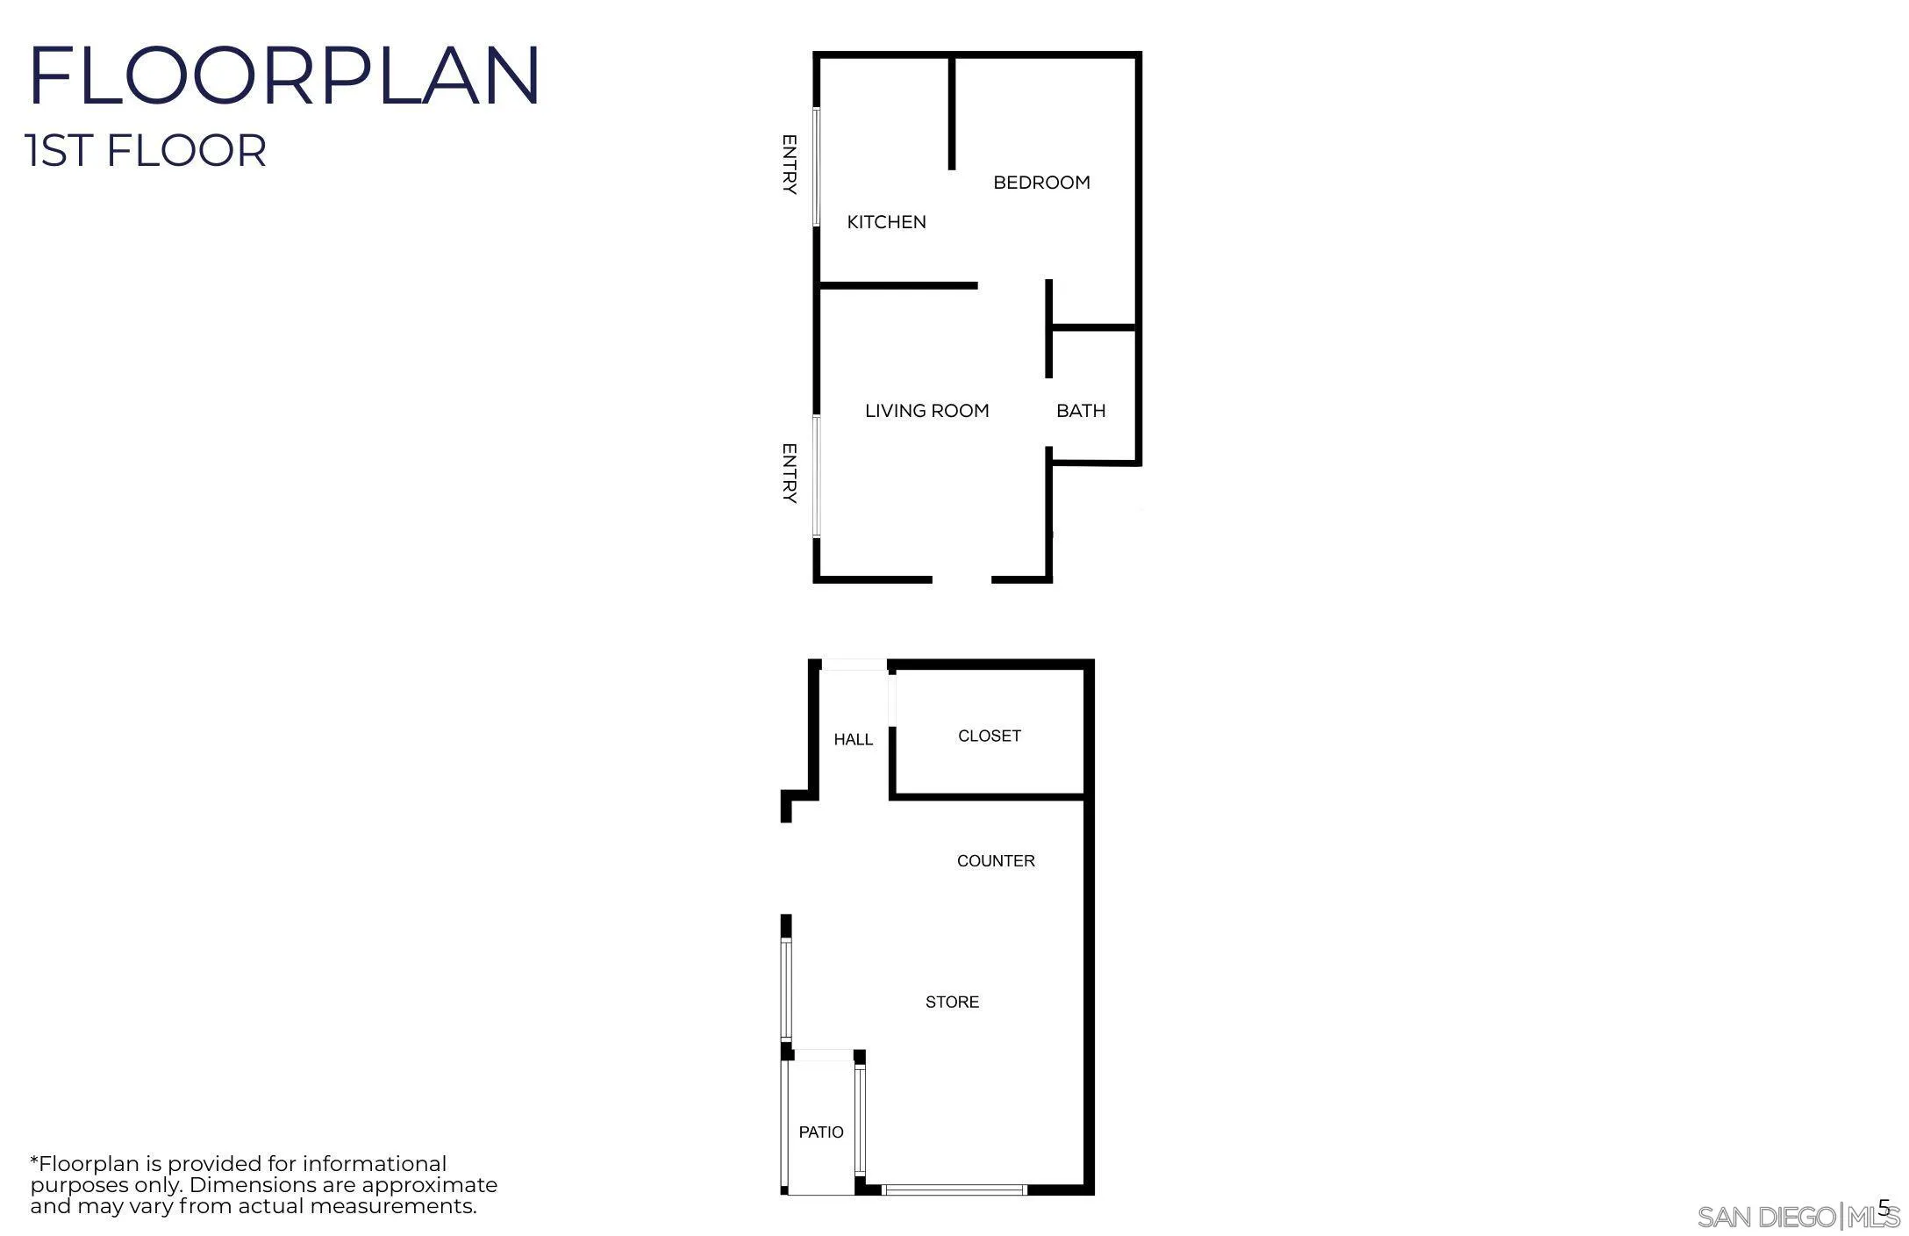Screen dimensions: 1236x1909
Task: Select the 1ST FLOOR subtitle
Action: (x=147, y=150)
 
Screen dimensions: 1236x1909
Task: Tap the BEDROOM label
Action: (x=1041, y=183)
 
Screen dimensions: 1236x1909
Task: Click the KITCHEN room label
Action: (x=886, y=222)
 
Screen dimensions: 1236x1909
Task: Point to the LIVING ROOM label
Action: (x=926, y=411)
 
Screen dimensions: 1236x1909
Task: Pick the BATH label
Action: (x=1080, y=411)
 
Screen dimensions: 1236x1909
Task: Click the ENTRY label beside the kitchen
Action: (x=789, y=164)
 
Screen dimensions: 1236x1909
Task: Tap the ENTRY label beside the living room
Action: (x=789, y=473)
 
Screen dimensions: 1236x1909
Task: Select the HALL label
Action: (x=853, y=740)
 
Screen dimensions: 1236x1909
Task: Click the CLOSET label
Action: (x=989, y=736)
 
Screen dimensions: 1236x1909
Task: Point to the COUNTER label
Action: (x=996, y=861)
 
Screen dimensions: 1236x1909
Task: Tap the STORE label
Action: (x=952, y=1002)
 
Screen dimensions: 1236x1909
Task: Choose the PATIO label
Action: (x=821, y=1132)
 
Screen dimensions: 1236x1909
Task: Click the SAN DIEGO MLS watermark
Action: (x=1798, y=1217)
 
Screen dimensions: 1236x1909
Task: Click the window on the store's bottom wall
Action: (x=954, y=1190)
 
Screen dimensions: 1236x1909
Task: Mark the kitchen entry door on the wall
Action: (x=816, y=167)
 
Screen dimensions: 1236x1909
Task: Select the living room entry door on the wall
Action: (x=816, y=475)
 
